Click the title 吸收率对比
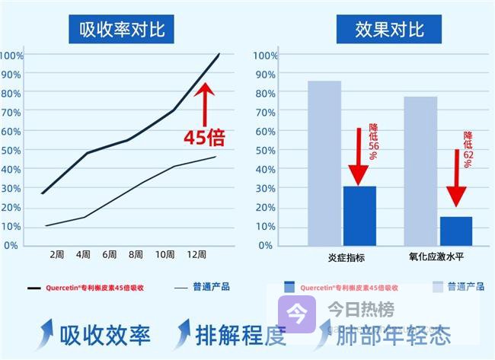[x=122, y=30]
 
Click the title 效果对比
[x=388, y=30]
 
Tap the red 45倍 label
[x=205, y=138]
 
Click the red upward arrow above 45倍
[x=205, y=103]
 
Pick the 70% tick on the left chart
[x=12, y=112]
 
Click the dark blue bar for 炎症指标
[x=359, y=215]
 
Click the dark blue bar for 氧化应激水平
[x=455, y=231]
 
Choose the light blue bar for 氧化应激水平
[x=420, y=170]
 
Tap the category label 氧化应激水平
[x=437, y=258]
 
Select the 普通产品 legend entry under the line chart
[x=202, y=288]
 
